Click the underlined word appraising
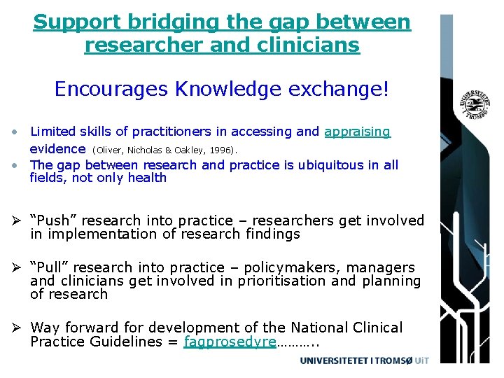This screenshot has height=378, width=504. click(x=357, y=132)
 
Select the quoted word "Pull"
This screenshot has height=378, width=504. click(x=51, y=268)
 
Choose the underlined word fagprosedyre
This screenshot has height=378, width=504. click(x=230, y=342)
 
